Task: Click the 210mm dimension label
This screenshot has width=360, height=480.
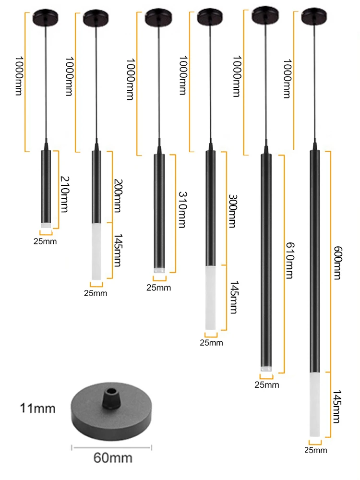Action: [65, 194]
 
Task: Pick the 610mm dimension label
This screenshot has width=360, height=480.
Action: [289, 261]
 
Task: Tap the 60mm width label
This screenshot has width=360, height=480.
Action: [113, 458]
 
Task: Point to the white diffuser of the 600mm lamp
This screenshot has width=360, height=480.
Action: [314, 404]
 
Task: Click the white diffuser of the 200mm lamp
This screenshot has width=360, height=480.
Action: [96, 251]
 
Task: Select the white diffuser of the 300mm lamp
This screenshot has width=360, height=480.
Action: [211, 298]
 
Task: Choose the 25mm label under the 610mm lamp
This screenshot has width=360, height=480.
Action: [267, 384]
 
